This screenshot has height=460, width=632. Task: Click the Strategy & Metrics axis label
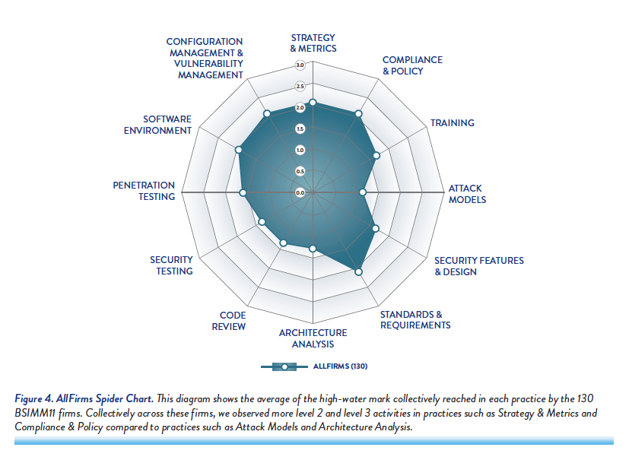(313, 43)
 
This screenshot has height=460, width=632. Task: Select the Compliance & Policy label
(412, 65)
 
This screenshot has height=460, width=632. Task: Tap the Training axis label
(453, 123)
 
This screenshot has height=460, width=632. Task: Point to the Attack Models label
(467, 194)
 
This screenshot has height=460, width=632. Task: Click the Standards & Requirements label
(415, 320)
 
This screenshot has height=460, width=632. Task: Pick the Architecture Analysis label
(313, 338)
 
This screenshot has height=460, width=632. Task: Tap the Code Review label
(233, 321)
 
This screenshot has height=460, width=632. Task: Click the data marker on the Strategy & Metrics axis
(313, 102)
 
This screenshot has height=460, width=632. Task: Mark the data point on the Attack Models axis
(363, 193)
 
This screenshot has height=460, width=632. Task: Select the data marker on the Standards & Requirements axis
(359, 271)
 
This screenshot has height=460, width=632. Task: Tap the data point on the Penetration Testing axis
(243, 193)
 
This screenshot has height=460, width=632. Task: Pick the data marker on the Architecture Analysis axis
(313, 249)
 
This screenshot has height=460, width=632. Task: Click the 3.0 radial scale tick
(300, 65)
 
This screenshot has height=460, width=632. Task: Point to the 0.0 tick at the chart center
(300, 193)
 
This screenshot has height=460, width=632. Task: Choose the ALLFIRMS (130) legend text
(340, 366)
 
